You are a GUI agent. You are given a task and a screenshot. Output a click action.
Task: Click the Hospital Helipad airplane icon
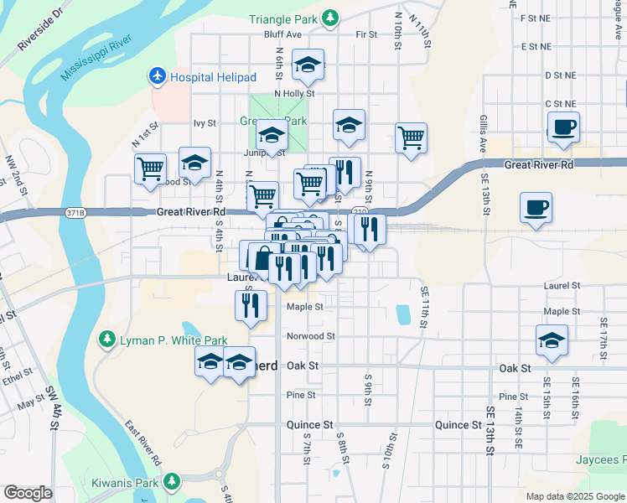pyautogui.click(x=157, y=77)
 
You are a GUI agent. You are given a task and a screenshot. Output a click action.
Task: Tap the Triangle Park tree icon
pyautogui.click(x=331, y=18)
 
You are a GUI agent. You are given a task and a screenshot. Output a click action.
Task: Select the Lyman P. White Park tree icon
pyautogui.click(x=106, y=340)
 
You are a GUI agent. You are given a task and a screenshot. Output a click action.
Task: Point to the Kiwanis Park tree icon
pyautogui.click(x=171, y=481)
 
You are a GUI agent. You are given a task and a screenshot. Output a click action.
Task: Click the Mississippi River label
pyautogui.click(x=96, y=60)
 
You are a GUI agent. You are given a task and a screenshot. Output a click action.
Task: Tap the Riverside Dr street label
pyautogui.click(x=40, y=30)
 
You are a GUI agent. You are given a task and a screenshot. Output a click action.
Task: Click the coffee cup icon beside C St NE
pyautogui.click(x=562, y=127)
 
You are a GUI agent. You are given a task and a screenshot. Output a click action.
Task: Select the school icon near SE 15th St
pyautogui.click(x=552, y=340)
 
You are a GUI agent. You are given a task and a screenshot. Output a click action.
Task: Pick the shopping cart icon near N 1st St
pyautogui.click(x=151, y=168)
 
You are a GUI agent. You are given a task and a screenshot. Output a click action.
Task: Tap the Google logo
pyautogui.click(x=28, y=493)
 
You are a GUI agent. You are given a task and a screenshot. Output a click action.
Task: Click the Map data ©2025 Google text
pyautogui.click(x=575, y=496)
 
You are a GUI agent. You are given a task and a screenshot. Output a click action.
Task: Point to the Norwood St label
pyautogui.click(x=311, y=336)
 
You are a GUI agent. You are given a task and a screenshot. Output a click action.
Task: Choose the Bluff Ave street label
pyautogui.click(x=282, y=34)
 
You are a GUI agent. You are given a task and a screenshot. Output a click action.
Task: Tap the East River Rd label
pyautogui.click(x=144, y=443)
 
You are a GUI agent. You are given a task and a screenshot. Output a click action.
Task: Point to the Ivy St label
pyautogui.click(x=205, y=122)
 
